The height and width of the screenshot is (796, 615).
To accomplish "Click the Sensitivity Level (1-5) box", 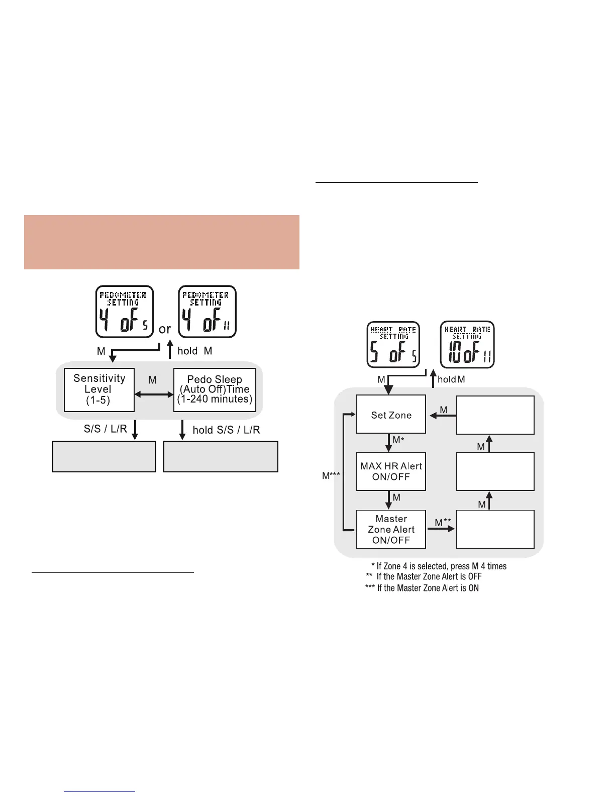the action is pyautogui.click(x=99, y=389).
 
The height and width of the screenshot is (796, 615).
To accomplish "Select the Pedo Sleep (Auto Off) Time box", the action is pyautogui.click(x=215, y=389).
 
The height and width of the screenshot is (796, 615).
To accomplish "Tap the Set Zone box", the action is pyautogui.click(x=391, y=415).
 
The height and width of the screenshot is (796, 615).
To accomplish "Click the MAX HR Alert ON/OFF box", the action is pyautogui.click(x=391, y=471).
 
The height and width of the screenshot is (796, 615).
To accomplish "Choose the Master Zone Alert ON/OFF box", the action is pyautogui.click(x=391, y=529).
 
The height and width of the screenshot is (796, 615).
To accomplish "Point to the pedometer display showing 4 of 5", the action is pyautogui.click(x=125, y=312).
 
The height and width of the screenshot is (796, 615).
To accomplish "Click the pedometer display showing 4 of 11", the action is pyautogui.click(x=207, y=312).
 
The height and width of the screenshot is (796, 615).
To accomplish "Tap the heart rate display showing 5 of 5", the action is pyautogui.click(x=393, y=344).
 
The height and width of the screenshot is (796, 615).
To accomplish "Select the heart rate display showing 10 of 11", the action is pyautogui.click(x=468, y=344).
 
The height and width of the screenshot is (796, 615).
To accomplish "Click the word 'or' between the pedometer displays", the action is pyautogui.click(x=165, y=330).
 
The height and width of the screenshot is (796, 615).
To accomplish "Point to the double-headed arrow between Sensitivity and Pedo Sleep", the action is pyautogui.click(x=154, y=395).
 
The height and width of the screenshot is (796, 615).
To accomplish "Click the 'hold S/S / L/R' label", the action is pyautogui.click(x=226, y=430).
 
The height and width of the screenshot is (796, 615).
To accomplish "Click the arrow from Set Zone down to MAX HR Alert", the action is pyautogui.click(x=388, y=443).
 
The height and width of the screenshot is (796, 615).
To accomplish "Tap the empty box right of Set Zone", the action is pyautogui.click(x=495, y=415).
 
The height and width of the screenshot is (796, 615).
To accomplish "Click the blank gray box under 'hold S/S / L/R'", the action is pyautogui.click(x=221, y=456).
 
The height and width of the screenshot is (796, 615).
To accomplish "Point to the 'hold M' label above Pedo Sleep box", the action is pyautogui.click(x=195, y=351).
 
